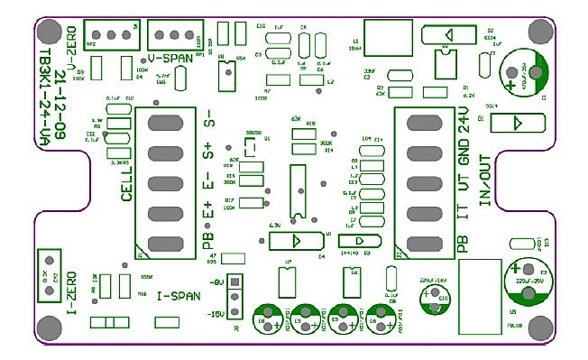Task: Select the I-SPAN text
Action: pyautogui.click(x=178, y=295)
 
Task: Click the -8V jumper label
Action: pyautogui.click(x=216, y=283)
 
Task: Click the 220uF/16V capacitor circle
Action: pyautogui.click(x=436, y=303)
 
